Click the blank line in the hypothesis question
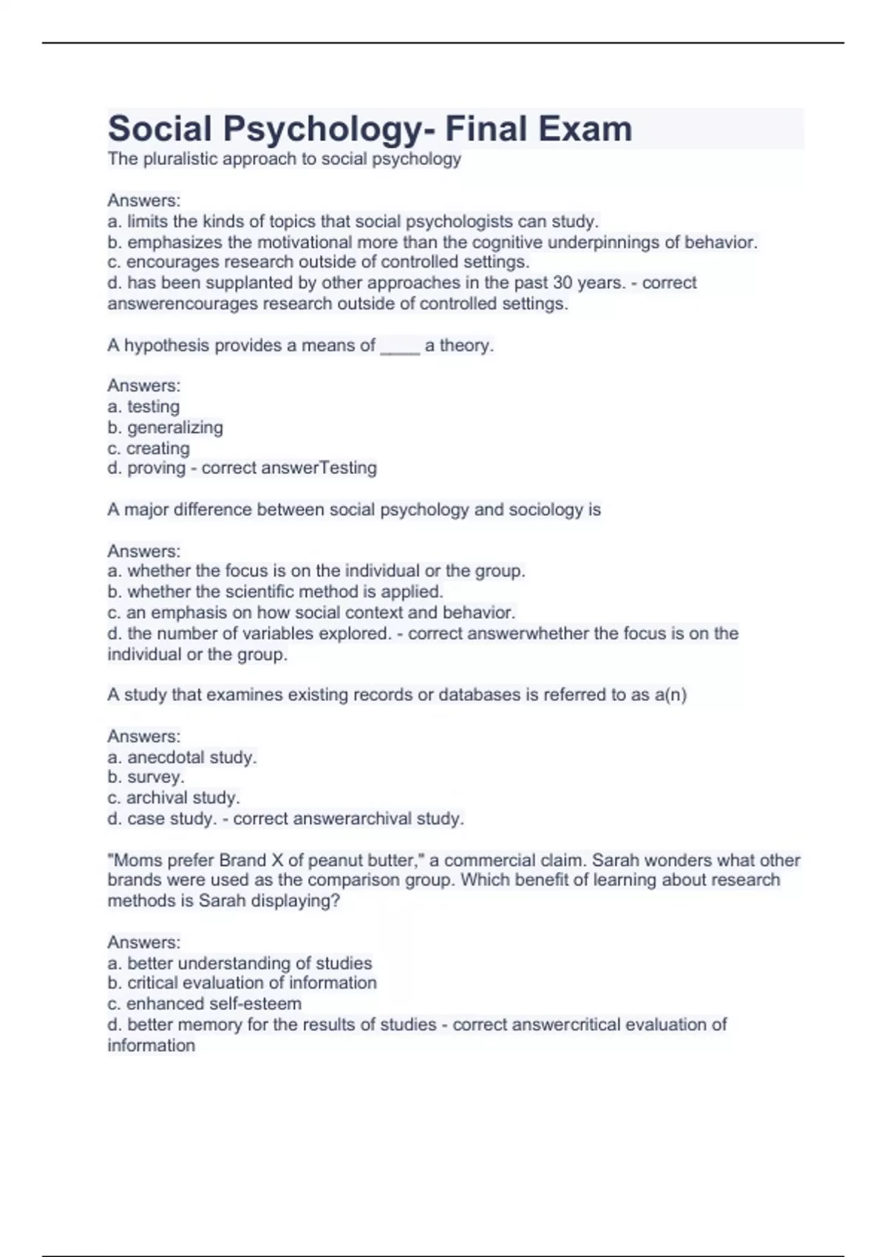coord(400,346)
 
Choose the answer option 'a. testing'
coord(143,407)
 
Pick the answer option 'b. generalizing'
coord(165,427)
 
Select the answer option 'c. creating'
coord(149,448)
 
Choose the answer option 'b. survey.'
coord(146,777)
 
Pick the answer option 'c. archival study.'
coord(174,798)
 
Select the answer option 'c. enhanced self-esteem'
coord(204,1003)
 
